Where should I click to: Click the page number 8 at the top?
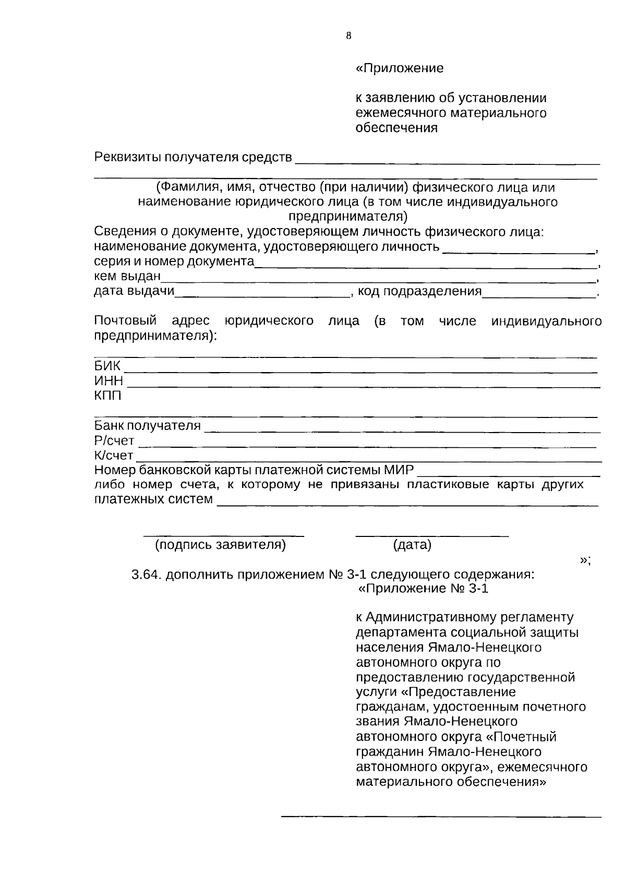pos(348,36)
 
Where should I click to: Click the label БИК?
pos(107,366)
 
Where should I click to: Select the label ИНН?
pos(109,381)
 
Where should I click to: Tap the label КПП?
pos(107,396)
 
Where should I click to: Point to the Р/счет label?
pos(114,441)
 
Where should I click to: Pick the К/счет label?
pos(114,456)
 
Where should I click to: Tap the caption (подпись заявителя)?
pos(221,545)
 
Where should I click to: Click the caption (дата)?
pos(412,545)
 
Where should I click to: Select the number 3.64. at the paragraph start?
pos(147,575)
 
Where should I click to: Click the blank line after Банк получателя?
pos(402,432)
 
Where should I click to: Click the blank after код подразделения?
pos(539,297)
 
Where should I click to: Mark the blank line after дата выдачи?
pos(262,297)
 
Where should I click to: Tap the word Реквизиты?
pos(127,157)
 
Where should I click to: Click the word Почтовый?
pos(125,321)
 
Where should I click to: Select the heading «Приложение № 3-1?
pos(424,589)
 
